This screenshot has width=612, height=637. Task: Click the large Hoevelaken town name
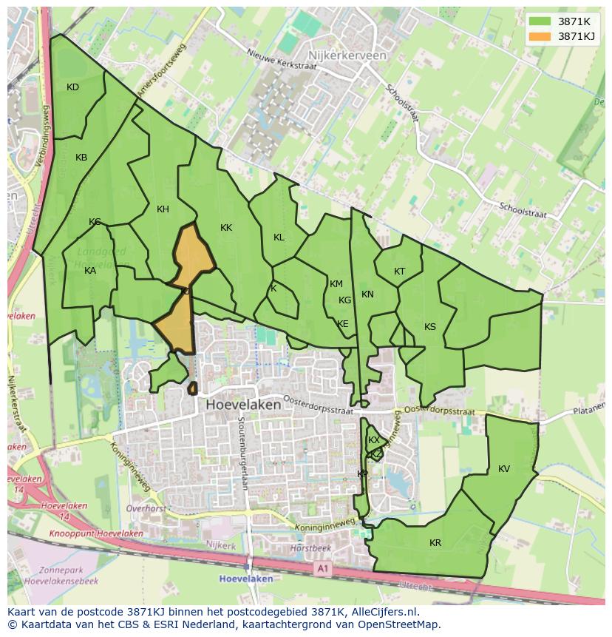click(243, 405)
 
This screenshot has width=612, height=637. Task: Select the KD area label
click(72, 87)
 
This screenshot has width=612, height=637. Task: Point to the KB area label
click(81, 158)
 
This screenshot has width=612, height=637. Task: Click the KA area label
click(90, 271)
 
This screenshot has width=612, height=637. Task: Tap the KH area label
click(163, 209)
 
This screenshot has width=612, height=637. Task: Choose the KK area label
click(226, 228)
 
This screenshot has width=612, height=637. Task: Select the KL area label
click(279, 237)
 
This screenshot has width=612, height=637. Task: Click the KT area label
click(399, 272)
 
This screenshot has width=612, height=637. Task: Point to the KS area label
click(430, 327)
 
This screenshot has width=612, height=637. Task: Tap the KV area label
click(504, 469)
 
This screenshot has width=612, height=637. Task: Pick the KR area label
click(435, 543)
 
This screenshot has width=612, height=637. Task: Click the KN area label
click(367, 294)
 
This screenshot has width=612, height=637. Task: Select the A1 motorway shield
click(322, 568)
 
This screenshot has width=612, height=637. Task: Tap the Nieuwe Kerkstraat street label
click(282, 60)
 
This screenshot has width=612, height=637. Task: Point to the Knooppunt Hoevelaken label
click(96, 533)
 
